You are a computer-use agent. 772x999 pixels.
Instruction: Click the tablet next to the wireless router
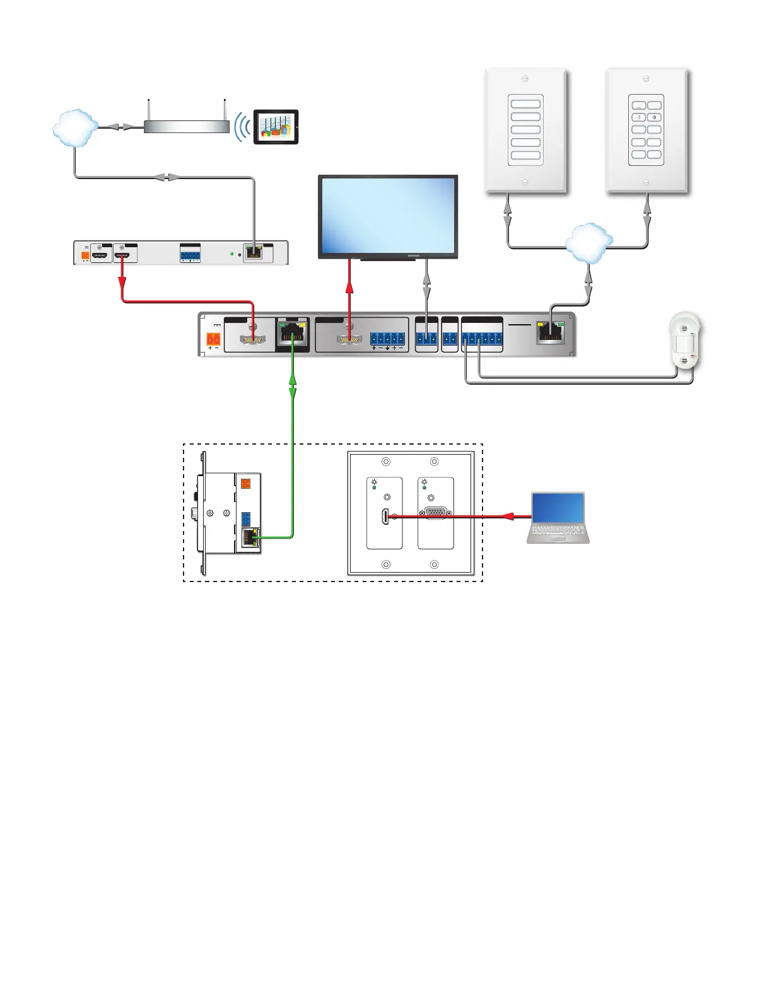(x=276, y=127)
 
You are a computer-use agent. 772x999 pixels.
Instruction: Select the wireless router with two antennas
(x=187, y=126)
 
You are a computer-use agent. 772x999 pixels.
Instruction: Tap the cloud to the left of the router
(x=76, y=128)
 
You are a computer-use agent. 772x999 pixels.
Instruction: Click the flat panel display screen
(x=388, y=215)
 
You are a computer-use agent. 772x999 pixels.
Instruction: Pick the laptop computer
(x=558, y=518)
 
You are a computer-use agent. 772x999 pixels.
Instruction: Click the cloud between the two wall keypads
(x=589, y=243)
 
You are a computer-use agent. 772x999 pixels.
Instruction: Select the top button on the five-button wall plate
(x=525, y=104)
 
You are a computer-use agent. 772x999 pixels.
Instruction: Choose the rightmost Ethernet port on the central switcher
(x=550, y=332)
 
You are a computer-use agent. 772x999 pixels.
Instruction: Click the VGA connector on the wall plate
(x=435, y=513)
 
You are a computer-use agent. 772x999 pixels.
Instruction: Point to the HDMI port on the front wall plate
(x=385, y=517)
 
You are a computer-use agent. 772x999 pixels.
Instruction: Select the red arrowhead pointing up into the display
(x=349, y=288)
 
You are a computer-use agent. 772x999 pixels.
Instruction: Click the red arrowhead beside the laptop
(x=507, y=516)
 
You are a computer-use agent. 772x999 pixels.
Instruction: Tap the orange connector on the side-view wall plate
(x=246, y=484)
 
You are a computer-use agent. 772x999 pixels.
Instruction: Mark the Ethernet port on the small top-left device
(x=254, y=253)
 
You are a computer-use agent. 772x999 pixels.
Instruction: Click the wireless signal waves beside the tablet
(x=242, y=127)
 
